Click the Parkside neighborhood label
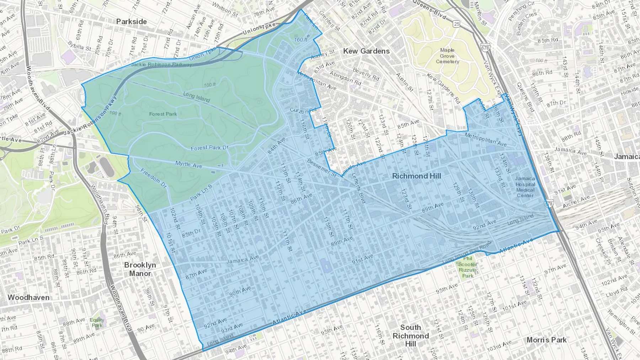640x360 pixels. coord(132,22)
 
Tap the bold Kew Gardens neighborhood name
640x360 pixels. coord(366,51)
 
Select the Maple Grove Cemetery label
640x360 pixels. coord(447,56)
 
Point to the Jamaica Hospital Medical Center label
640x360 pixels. coord(525,187)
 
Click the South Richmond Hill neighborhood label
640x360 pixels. coord(411,335)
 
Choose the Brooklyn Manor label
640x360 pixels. coord(140,269)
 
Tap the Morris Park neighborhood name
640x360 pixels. coord(546,340)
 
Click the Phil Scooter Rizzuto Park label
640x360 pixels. coord(468,267)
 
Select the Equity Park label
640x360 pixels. coord(97,323)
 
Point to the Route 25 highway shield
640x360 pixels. coord(457,24)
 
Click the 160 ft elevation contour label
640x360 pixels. coord(301,40)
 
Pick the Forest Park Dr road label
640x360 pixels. coord(210,148)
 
